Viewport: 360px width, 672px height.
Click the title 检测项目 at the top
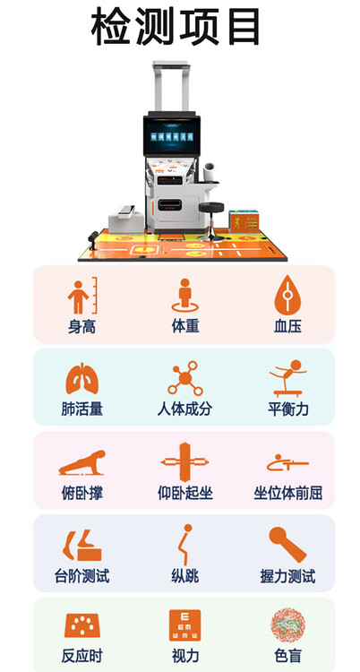pos(176,26)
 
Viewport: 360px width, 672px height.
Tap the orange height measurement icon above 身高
pos(82,296)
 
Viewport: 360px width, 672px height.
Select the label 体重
pos(185,326)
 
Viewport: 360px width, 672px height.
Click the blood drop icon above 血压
pos(287,296)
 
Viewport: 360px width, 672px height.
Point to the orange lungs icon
pos(81,378)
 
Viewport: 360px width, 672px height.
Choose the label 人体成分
pos(184,409)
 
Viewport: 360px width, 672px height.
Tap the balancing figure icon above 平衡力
pos(287,378)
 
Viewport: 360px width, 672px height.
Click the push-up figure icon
pos(81,462)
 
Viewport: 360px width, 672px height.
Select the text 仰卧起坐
pos(185,493)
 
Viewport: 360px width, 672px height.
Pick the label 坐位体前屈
pos(288,493)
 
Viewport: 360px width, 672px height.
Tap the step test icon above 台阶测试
pos(82,545)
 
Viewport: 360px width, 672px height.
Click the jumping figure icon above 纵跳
pos(185,544)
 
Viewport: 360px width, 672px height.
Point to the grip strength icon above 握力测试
pos(287,544)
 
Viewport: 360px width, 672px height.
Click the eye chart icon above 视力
pos(184,625)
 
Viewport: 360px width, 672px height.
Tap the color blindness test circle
pos(287,625)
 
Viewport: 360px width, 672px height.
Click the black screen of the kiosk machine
pos(171,136)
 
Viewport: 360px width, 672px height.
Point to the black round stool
pos(210,220)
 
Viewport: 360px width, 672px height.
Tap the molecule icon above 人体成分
pos(184,378)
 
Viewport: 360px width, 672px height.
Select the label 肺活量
pos(81,409)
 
